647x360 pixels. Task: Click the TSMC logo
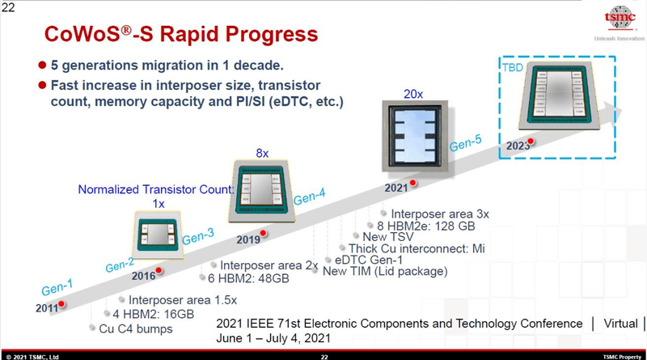point(620,18)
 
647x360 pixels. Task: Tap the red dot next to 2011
point(61,304)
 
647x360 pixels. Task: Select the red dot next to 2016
point(159,271)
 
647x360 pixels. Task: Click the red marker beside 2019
point(263,234)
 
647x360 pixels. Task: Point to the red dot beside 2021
point(412,183)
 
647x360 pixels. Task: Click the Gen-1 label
point(57,287)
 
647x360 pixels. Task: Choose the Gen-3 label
point(198,236)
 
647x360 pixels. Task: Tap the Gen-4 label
point(310,197)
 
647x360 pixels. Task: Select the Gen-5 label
point(466,143)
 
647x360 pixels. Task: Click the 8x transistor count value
point(262,153)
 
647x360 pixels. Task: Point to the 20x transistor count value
point(413,94)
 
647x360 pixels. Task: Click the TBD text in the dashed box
point(513,67)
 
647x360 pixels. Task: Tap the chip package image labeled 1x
point(158,235)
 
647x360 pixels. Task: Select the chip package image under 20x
point(415,136)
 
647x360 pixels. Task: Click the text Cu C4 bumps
point(136,328)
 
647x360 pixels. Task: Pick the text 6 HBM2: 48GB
point(248,278)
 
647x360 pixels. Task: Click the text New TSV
point(388,236)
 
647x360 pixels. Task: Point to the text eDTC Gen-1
point(369,260)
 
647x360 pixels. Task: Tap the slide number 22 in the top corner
point(8,7)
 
